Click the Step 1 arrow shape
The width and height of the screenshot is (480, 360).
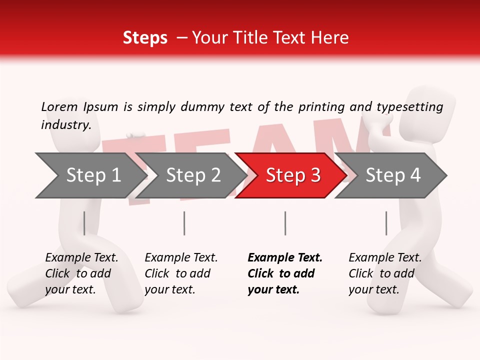90,175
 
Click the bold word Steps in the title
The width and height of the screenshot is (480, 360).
145,37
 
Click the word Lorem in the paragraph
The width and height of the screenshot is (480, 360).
59,106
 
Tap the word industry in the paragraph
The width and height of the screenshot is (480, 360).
65,124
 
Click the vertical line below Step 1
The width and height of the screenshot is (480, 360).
84,223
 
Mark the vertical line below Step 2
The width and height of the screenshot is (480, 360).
184,223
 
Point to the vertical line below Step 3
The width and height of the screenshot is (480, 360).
285,223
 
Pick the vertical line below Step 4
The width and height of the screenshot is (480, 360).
386,223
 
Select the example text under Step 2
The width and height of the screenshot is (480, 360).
180,273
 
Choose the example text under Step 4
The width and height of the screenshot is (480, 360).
384,273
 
